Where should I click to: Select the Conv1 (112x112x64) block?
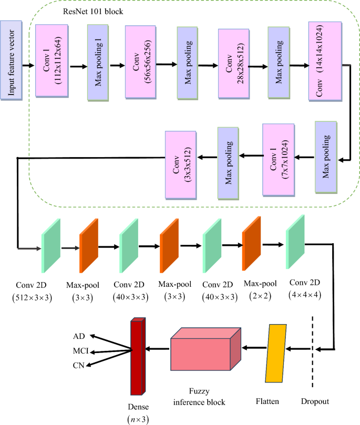point(51,60)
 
